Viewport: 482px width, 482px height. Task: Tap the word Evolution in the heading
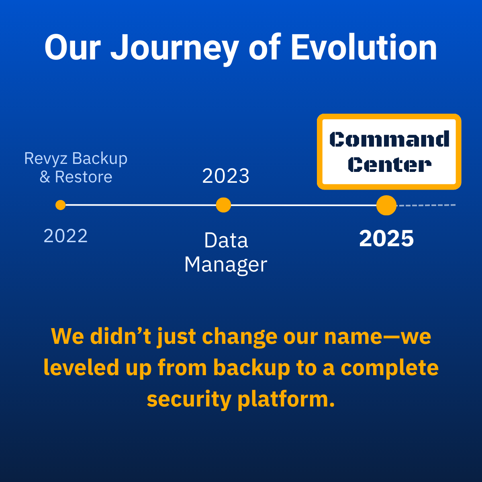pos(364,47)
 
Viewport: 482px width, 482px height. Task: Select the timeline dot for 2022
pos(61,205)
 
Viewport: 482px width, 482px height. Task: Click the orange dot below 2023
pos(223,205)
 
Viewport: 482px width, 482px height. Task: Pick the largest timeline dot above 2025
pos(386,205)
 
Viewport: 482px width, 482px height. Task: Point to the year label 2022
pos(65,236)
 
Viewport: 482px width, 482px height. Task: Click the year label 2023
pos(226,176)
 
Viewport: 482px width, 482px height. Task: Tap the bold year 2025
pos(386,238)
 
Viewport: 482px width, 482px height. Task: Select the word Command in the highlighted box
pos(389,139)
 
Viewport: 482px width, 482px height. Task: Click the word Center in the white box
pos(390,165)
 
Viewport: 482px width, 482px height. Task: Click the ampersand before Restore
pos(45,177)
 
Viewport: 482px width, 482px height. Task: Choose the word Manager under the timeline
pos(226,265)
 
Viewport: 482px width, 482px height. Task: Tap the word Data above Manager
pos(226,240)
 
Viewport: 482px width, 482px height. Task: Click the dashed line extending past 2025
pos(426,205)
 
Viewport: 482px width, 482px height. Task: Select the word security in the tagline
pos(189,399)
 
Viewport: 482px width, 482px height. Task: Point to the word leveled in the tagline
pos(81,368)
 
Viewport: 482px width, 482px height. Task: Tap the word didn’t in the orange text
pos(120,337)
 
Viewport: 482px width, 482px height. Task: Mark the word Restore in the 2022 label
pos(84,177)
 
